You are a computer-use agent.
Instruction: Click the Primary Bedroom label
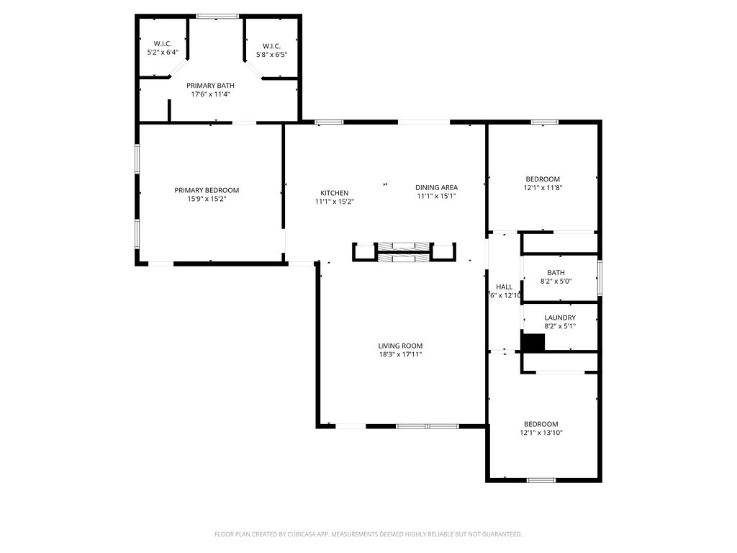tap(207, 190)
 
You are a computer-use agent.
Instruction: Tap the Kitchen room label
tap(334, 193)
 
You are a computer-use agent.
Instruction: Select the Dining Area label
tap(436, 187)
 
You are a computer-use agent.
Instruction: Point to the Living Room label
tap(401, 346)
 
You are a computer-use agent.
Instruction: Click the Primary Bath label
tap(210, 85)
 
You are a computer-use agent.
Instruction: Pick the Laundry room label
tap(559, 318)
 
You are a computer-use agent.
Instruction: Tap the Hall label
tap(504, 287)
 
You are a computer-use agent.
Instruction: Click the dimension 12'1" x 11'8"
tap(542, 188)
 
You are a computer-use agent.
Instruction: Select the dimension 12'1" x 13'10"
tap(542, 433)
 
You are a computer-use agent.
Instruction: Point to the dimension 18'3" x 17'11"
tap(401, 354)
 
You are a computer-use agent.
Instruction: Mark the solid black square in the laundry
tap(533, 343)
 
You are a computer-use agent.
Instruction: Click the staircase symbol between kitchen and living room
tap(403, 253)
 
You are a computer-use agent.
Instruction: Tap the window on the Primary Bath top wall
tap(217, 16)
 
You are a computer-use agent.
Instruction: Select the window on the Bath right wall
tap(600, 278)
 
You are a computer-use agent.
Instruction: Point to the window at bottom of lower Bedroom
tap(541, 480)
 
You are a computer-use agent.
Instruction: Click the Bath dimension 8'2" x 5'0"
tap(556, 281)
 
